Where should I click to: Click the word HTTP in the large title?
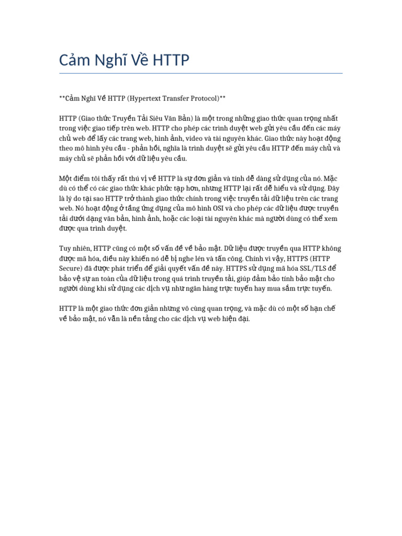(171, 61)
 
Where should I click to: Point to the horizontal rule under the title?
(200, 73)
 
